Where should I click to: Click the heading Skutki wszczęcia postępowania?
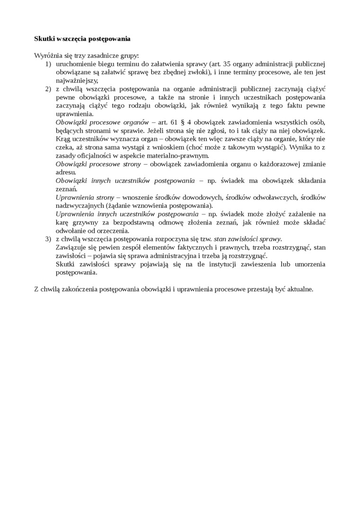(x=82, y=38)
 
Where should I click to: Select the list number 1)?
(x=48, y=64)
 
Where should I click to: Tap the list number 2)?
(x=48, y=89)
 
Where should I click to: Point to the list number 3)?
(x=48, y=239)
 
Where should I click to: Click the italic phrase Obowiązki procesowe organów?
(x=102, y=122)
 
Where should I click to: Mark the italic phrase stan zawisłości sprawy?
(x=248, y=239)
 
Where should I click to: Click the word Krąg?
(x=63, y=139)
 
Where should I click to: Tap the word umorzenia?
(x=310, y=264)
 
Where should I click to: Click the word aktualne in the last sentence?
(x=299, y=289)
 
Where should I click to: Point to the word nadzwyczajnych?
(x=80, y=206)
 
